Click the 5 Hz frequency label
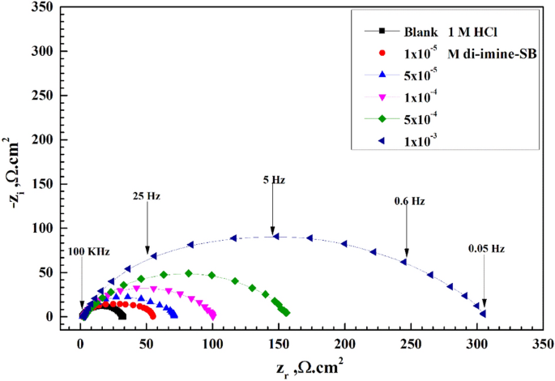[x=274, y=182]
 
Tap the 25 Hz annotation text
[x=147, y=196]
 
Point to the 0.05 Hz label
[x=486, y=249]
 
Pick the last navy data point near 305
[x=483, y=314]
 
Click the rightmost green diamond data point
[x=286, y=312]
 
